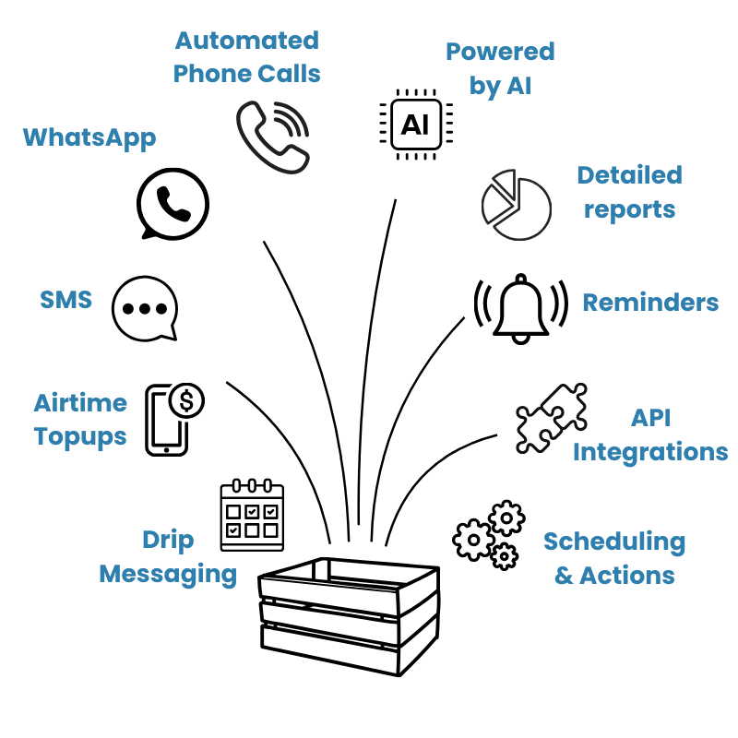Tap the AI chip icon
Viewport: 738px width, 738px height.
[x=414, y=124]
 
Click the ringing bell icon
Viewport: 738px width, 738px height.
[x=519, y=308]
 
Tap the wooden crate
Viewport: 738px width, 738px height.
[x=349, y=614]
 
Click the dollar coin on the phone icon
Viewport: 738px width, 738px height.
[x=188, y=400]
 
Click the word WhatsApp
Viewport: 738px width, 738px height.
[x=89, y=138]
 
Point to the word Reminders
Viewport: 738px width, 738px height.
[x=650, y=303]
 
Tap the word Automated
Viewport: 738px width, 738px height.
[x=246, y=41]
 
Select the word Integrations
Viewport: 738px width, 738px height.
[x=650, y=452]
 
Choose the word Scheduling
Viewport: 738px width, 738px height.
[x=613, y=542]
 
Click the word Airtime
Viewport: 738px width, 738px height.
[x=80, y=403]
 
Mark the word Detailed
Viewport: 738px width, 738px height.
[x=629, y=175]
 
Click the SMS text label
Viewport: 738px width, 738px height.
[x=65, y=300]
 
